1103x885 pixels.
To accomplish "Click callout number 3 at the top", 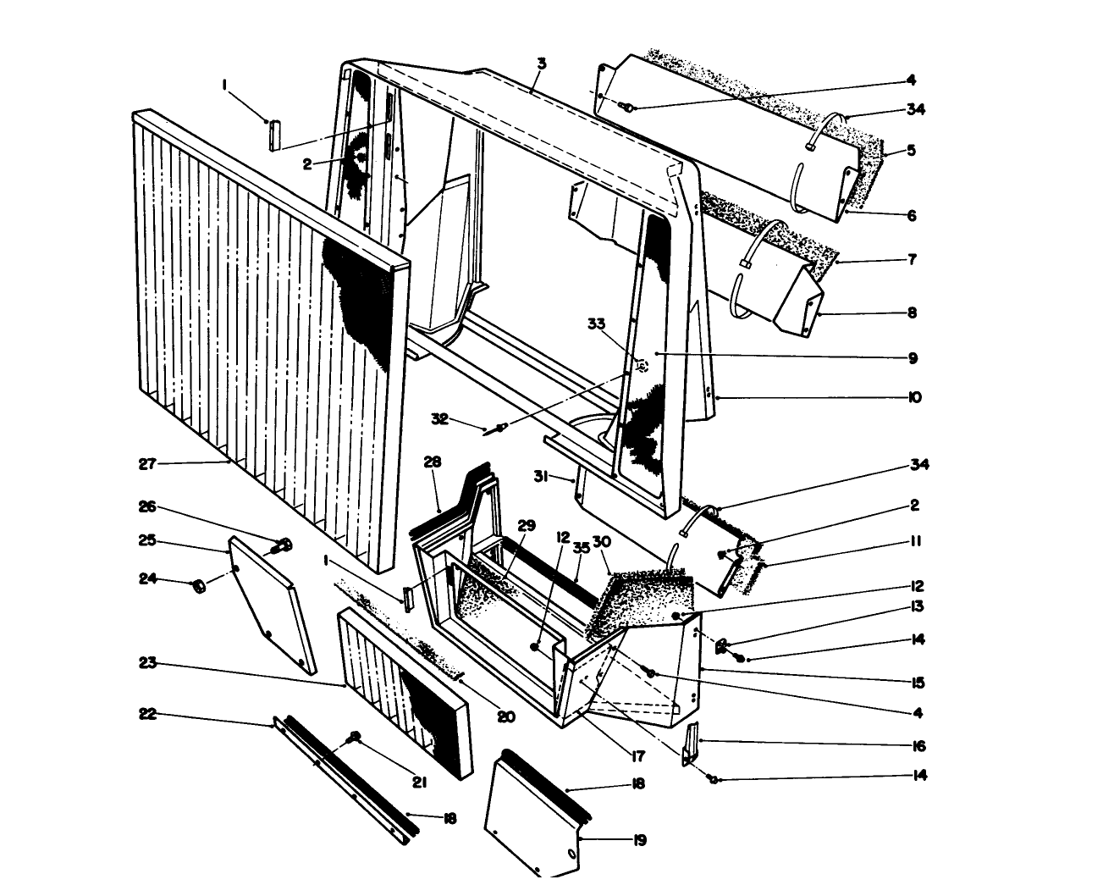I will [542, 64].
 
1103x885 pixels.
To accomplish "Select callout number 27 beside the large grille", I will [149, 463].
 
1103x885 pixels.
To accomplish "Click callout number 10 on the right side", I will [914, 397].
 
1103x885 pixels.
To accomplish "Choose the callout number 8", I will [912, 313].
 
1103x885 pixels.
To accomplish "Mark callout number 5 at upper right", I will [912, 151].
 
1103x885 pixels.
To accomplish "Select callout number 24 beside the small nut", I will [149, 580].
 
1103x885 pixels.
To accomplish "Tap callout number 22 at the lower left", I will [149, 714].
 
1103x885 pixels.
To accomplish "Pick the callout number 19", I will [639, 840].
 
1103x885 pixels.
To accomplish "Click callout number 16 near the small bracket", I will [918, 746].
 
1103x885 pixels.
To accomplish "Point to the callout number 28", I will [433, 462].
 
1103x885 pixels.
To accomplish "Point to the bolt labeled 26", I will [283, 545].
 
